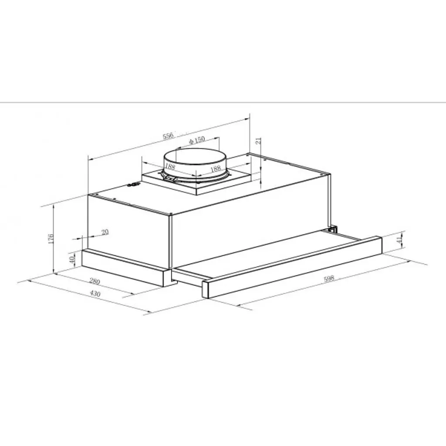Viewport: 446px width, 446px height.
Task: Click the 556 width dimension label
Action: (168, 136)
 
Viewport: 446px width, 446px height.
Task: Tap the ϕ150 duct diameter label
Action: (197, 141)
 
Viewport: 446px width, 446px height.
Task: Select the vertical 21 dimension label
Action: (258, 141)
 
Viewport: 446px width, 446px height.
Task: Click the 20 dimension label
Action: (105, 232)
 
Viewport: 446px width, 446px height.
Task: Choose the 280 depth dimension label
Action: (95, 281)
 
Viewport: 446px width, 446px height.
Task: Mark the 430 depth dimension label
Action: (95, 294)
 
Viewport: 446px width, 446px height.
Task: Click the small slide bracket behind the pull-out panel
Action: (333, 228)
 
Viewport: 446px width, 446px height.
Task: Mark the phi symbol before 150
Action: (191, 141)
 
